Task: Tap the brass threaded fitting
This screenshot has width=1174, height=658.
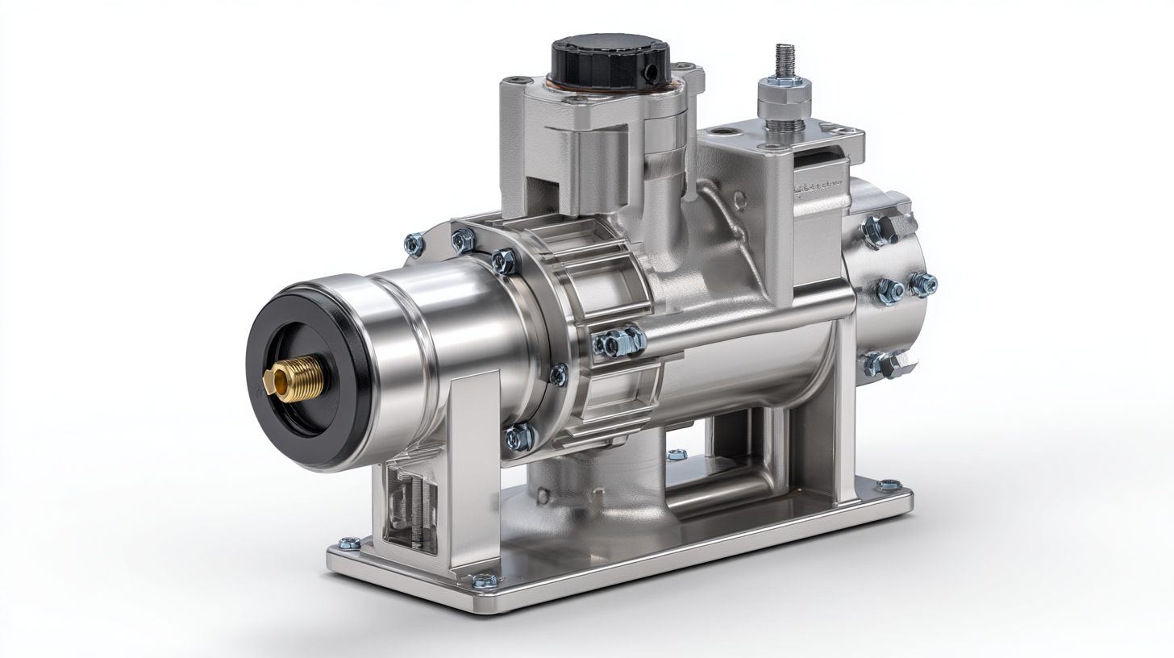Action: [x=295, y=378]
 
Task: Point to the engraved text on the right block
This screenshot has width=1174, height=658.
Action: [x=818, y=188]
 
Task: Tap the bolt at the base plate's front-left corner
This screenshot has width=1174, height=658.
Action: [x=350, y=543]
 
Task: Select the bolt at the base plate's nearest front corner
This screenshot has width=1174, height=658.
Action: [x=485, y=580]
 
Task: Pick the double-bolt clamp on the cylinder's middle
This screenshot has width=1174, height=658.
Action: [x=619, y=342]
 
